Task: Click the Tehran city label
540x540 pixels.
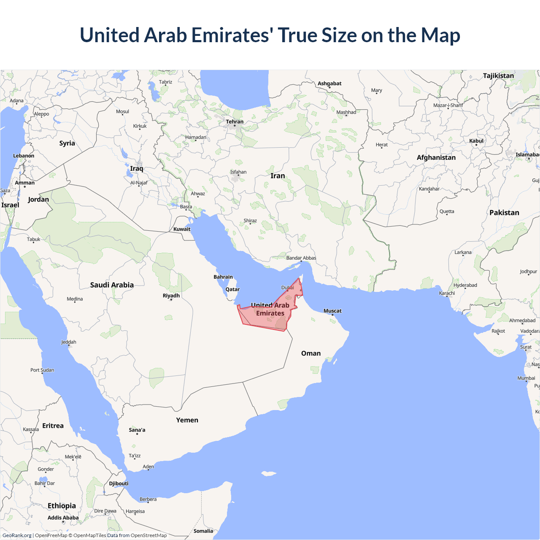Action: (235, 121)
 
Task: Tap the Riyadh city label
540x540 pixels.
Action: (171, 295)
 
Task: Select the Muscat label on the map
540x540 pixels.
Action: (332, 311)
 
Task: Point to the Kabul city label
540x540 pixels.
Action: (476, 141)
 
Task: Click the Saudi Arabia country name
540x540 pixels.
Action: (112, 285)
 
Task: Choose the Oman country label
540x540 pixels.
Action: (311, 353)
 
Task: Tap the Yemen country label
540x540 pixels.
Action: (187, 420)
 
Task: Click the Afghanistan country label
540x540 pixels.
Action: (436, 157)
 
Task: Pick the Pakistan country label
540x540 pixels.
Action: (504, 213)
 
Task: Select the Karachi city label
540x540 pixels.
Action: (447, 293)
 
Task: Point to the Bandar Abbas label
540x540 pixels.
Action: (301, 258)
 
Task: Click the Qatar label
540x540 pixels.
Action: (232, 289)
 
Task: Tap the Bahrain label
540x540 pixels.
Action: (223, 277)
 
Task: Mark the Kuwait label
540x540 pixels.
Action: (182, 229)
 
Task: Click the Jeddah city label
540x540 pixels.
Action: (69, 342)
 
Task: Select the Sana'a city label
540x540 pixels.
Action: (137, 430)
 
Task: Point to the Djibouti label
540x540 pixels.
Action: (119, 483)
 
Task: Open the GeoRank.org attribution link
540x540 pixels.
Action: (17, 535)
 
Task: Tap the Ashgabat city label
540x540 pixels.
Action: (329, 84)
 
